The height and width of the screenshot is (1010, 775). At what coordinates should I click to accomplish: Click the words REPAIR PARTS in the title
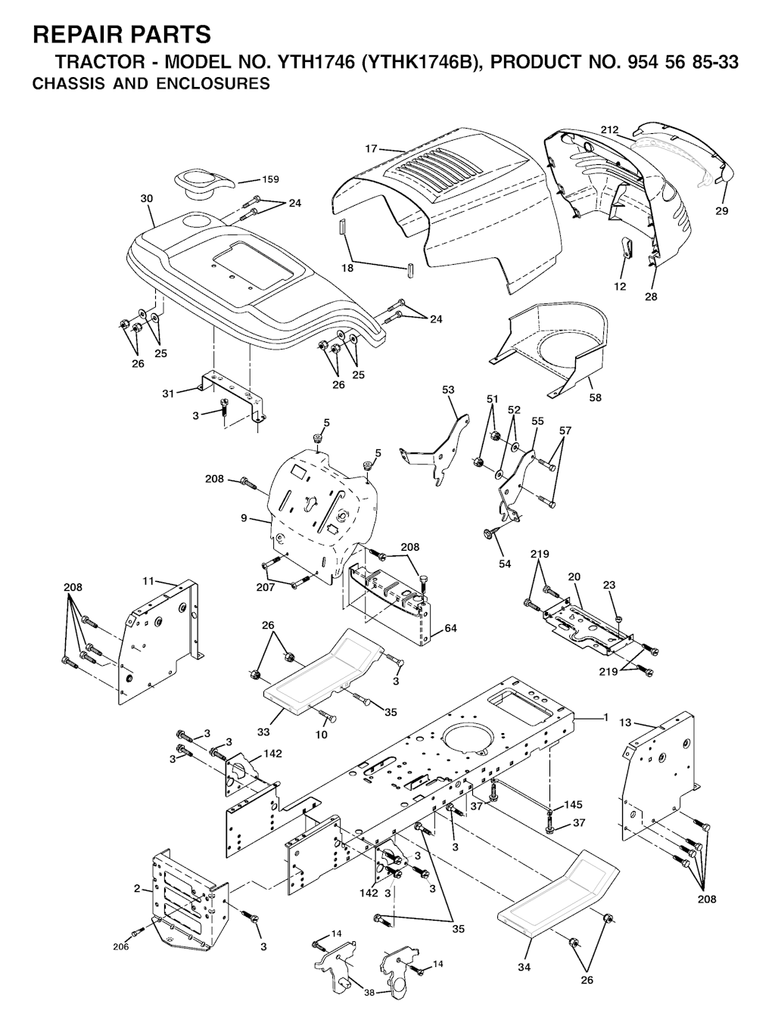point(122,34)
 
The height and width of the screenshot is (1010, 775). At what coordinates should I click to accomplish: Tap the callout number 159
point(270,179)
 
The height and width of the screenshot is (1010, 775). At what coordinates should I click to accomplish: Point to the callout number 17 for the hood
point(371,149)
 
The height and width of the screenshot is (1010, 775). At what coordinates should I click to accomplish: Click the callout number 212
point(610,129)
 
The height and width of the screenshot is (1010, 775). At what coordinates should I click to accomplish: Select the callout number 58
point(596,397)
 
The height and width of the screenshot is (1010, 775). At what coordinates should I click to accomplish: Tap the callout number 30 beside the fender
point(147,198)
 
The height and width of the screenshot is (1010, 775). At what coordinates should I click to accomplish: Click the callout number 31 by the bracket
point(168,393)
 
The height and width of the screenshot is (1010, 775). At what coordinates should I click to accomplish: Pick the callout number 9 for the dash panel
point(244,518)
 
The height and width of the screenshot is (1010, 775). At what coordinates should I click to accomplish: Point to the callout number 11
point(148,580)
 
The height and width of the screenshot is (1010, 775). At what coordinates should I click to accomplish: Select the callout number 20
point(574,576)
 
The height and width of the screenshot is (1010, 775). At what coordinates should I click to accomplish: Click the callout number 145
point(574,804)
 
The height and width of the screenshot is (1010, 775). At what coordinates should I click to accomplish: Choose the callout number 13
point(624,723)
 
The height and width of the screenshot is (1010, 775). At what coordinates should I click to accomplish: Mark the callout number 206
point(121,946)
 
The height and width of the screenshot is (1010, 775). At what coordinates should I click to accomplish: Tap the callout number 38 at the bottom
point(369,993)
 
